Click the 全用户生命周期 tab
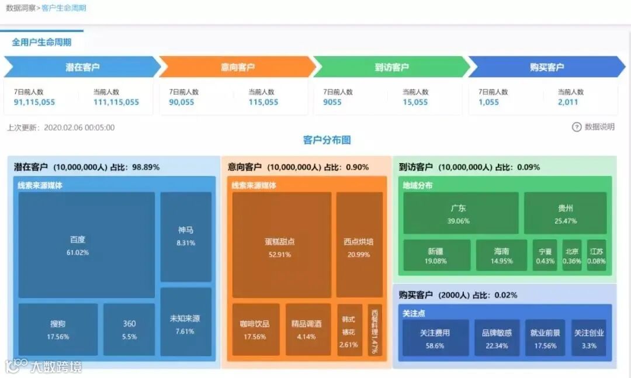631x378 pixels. (x=41, y=43)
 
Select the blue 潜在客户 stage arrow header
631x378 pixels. (x=82, y=67)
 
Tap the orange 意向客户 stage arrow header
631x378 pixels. (x=237, y=67)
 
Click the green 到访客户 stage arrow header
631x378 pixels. (x=391, y=67)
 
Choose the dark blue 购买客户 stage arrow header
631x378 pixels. (x=546, y=67)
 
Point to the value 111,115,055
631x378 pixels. (x=116, y=102)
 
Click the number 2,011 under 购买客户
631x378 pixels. (x=567, y=102)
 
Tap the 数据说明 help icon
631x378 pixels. (x=577, y=127)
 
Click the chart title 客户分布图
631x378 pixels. (x=327, y=140)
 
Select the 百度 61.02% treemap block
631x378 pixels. (x=86, y=245)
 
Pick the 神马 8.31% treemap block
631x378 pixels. (x=186, y=237)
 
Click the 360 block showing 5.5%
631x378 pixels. (x=129, y=330)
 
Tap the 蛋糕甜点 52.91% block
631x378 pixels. (x=282, y=245)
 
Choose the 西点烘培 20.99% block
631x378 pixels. (x=359, y=245)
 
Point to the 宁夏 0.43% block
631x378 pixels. (x=545, y=255)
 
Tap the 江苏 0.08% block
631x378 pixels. (x=597, y=255)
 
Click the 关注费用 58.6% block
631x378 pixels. (x=435, y=338)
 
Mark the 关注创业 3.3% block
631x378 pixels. (x=589, y=338)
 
